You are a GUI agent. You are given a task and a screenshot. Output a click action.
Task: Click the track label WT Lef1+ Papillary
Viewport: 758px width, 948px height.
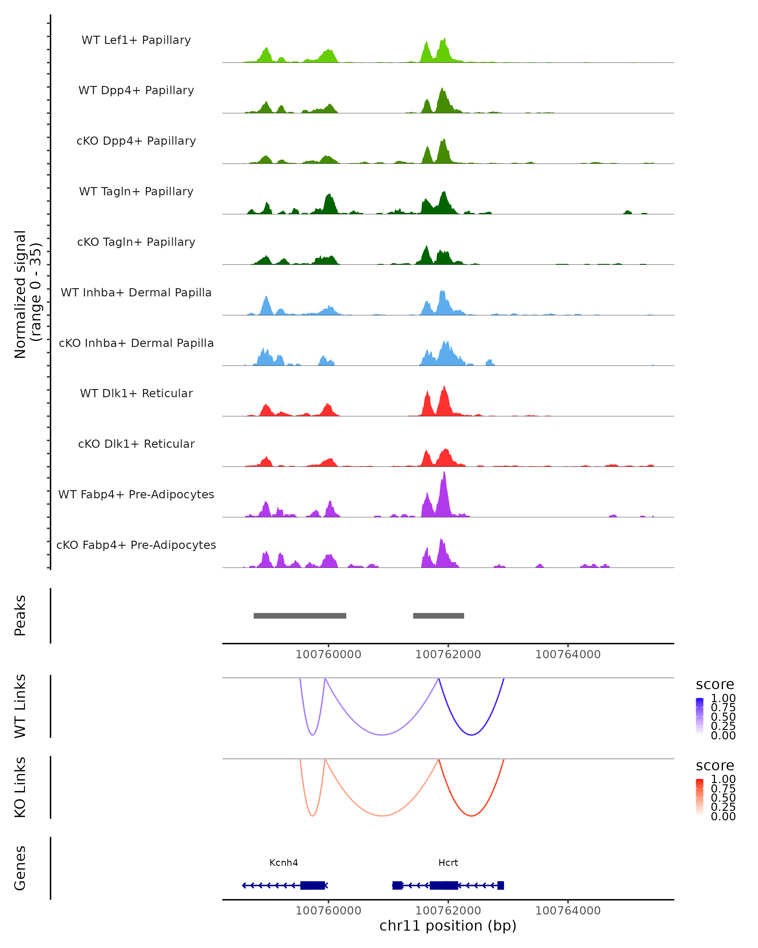point(136,40)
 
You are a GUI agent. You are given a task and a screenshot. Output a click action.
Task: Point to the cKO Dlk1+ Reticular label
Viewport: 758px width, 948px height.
point(136,444)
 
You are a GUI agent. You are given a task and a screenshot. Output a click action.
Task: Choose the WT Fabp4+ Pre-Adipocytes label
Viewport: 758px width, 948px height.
point(136,494)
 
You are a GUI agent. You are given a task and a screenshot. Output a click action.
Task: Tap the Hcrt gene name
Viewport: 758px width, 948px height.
point(448,862)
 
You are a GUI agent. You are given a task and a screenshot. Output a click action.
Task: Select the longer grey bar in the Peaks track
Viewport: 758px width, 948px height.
point(300,616)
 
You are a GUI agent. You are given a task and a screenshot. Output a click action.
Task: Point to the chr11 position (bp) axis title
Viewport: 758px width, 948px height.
point(448,926)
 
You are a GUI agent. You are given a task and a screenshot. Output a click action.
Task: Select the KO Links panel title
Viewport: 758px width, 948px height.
point(20,787)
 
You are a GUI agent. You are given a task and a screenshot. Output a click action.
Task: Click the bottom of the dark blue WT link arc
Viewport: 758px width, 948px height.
point(471,735)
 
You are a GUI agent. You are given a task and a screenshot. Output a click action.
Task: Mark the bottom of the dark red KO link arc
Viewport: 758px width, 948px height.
point(471,816)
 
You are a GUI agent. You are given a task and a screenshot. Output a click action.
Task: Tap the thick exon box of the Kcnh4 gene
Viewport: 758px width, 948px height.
point(312,885)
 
